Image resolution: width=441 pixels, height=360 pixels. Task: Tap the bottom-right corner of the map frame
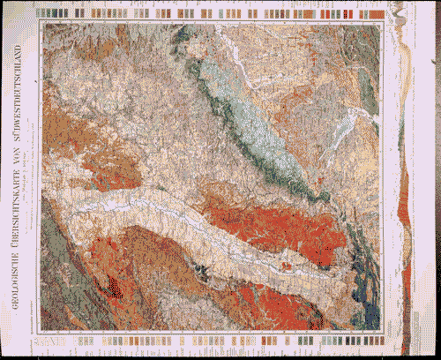point(382,332)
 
